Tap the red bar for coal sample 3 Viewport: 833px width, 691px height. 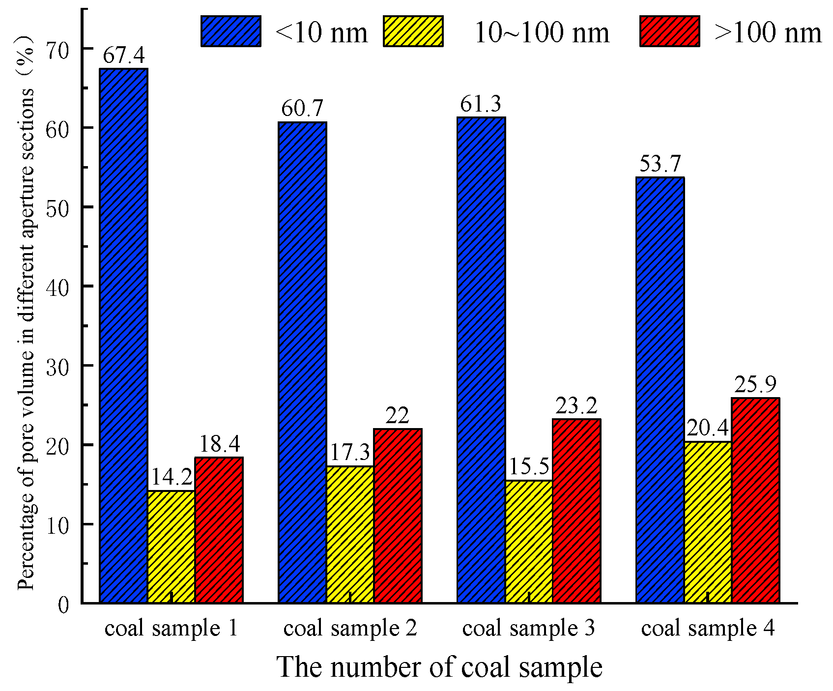pos(576,511)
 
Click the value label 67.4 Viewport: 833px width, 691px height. pos(123,56)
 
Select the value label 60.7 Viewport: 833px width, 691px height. pos(302,109)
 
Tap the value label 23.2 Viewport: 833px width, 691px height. pos(576,406)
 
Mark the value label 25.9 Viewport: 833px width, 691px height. pos(755,385)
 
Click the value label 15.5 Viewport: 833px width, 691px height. pos(529,467)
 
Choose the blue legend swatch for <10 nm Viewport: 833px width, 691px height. pos(230,31)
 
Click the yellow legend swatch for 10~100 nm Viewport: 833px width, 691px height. pos(413,31)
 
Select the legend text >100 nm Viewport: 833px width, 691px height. pos(768,33)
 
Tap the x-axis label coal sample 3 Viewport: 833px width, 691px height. pos(528,629)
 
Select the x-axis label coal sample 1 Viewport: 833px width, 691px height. pos(171,629)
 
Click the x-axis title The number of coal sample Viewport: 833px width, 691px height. pos(439,667)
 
